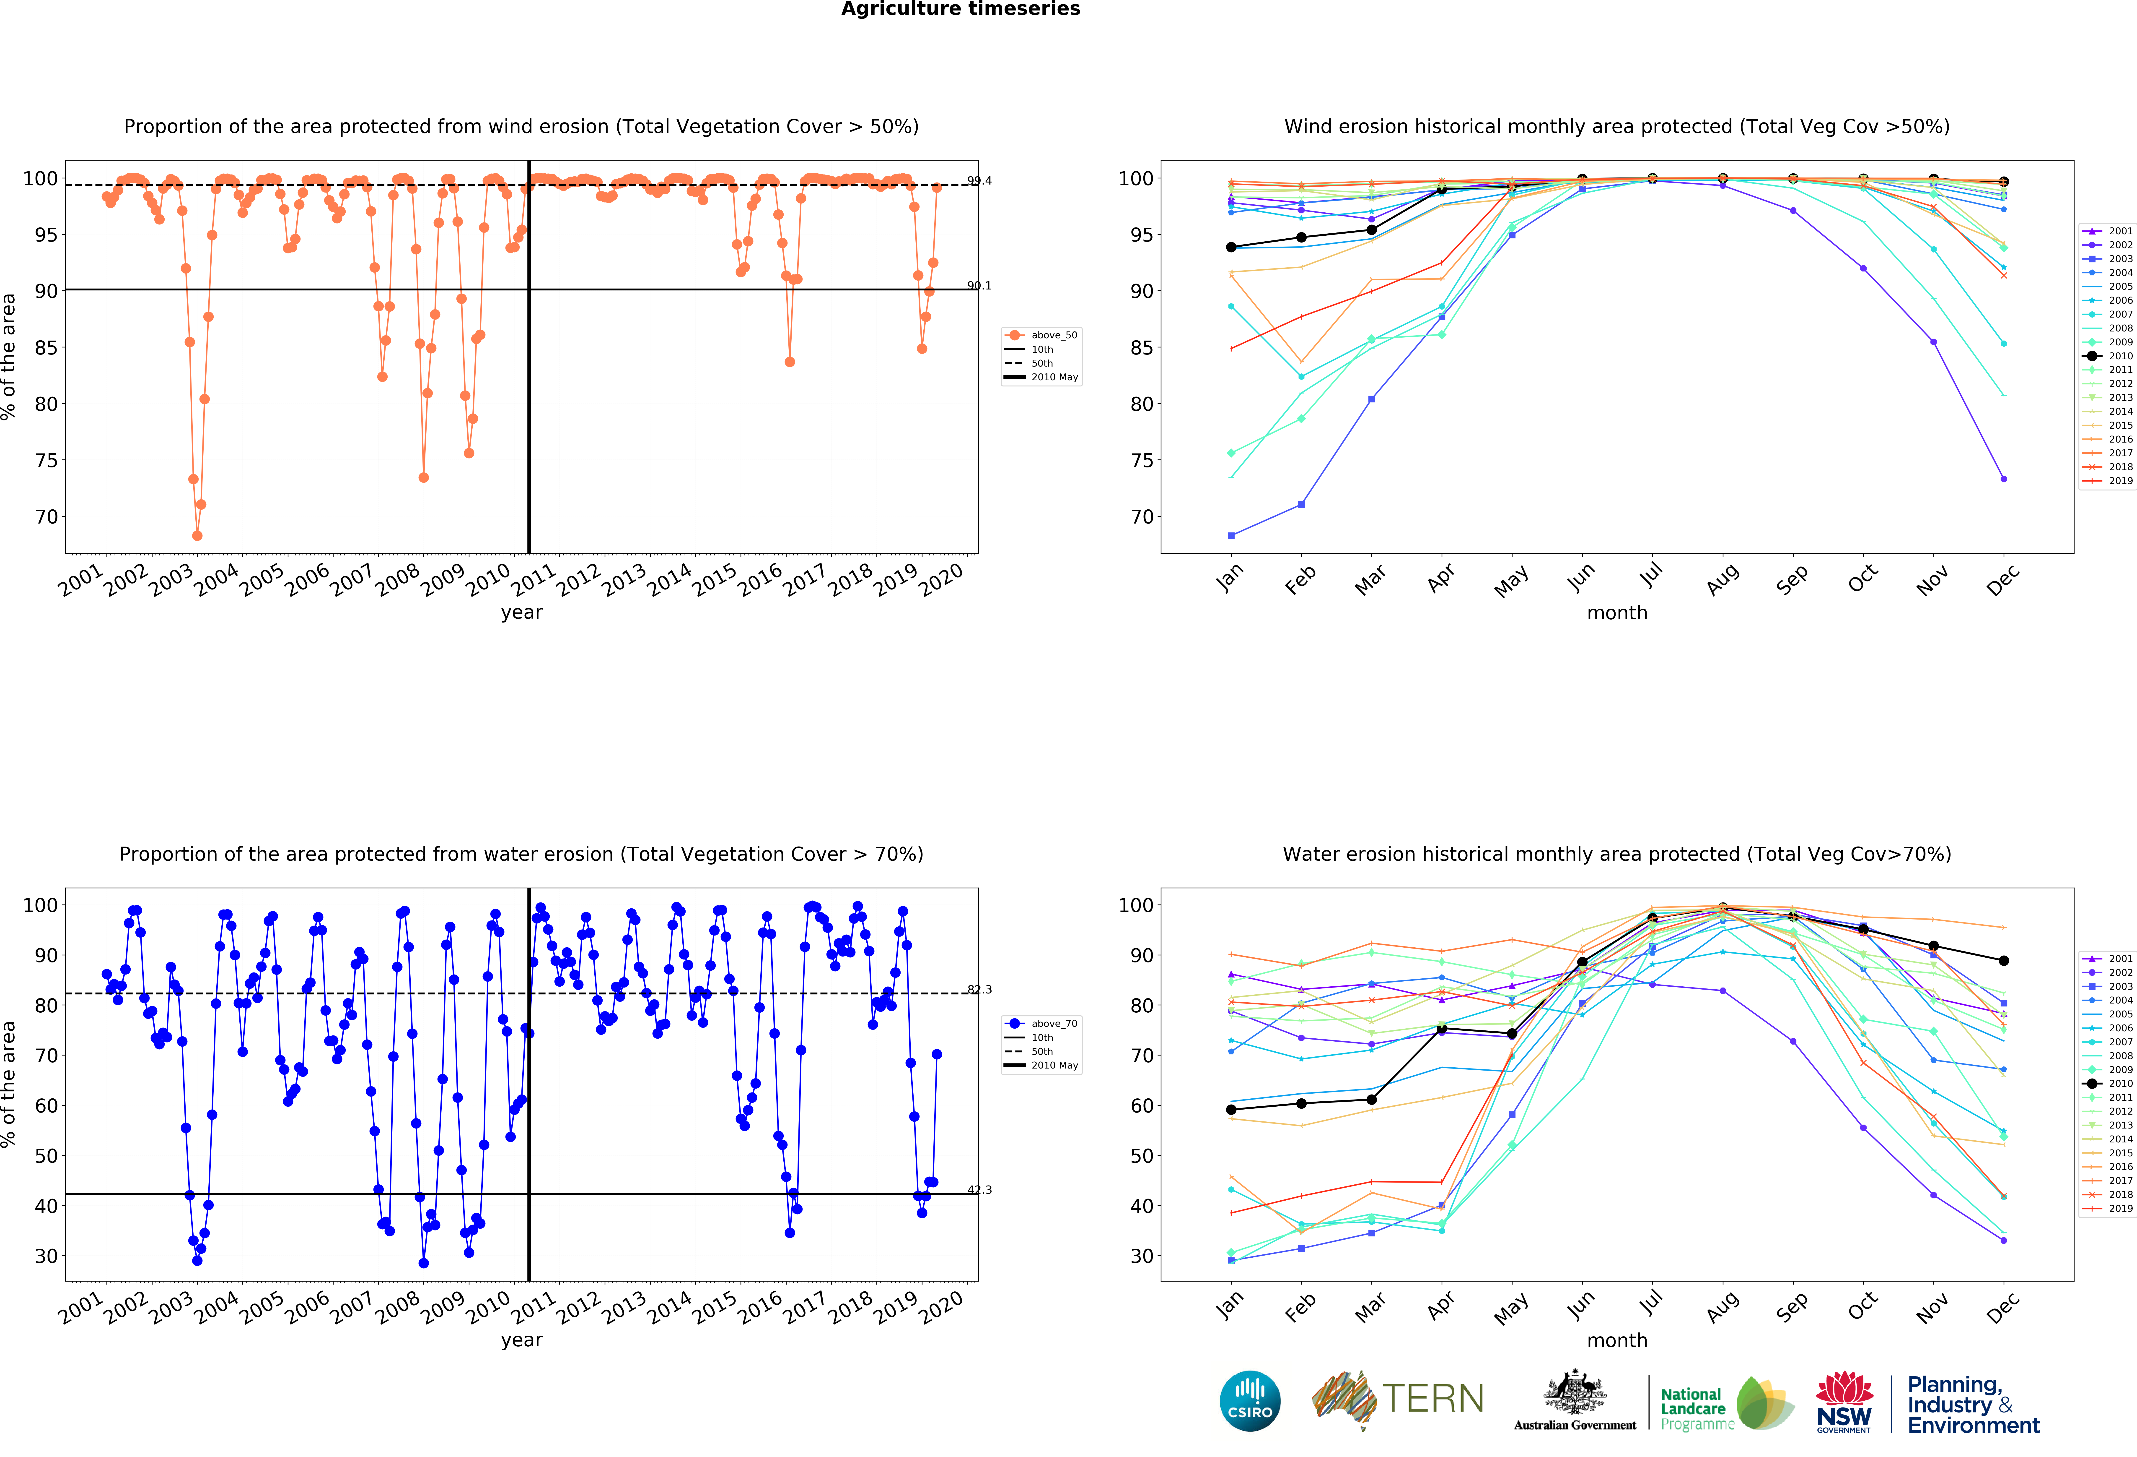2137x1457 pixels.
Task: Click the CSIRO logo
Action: pos(1250,1401)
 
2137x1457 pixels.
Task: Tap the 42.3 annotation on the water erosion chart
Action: pos(979,1189)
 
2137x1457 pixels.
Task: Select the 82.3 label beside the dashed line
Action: pos(979,990)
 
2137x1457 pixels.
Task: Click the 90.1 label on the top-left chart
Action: pos(979,286)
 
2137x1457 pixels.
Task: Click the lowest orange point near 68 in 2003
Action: pos(197,535)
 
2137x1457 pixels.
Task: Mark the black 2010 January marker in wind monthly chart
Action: pos(1231,248)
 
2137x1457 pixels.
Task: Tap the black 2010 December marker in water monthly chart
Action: pos(2004,960)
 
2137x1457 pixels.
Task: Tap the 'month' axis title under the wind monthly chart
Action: pos(1616,613)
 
